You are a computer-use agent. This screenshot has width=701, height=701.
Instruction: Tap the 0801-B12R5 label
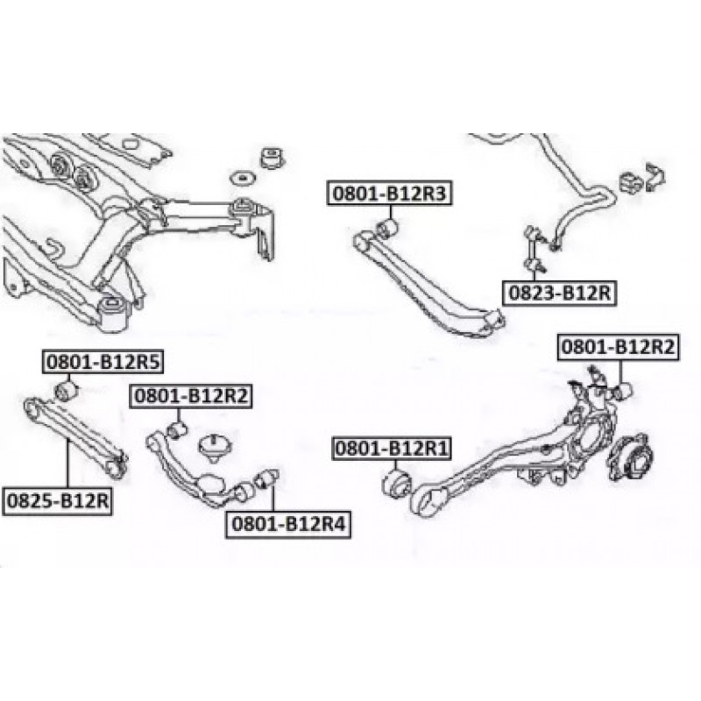(x=105, y=360)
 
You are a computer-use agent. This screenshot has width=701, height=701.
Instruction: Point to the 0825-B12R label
(x=58, y=502)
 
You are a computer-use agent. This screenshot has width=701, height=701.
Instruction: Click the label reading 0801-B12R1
(x=391, y=450)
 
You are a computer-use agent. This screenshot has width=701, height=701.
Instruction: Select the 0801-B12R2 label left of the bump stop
(x=191, y=396)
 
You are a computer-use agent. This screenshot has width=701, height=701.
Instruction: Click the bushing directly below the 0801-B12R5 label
(x=67, y=388)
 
